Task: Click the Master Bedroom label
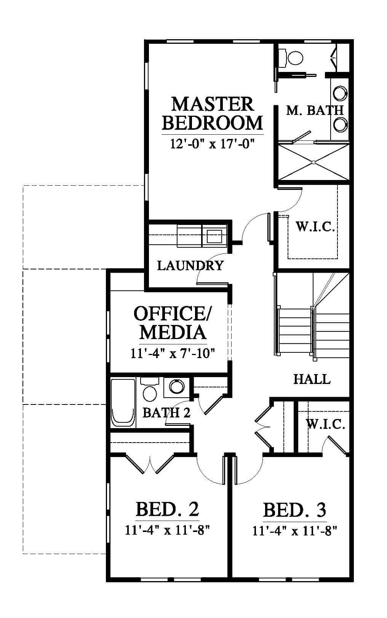point(212,113)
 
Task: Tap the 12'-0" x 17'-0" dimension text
point(212,144)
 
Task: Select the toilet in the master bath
point(291,57)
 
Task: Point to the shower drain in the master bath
point(314,162)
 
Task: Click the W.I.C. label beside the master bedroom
point(315,226)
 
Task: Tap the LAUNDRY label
point(190,265)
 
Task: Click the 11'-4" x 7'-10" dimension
point(173,353)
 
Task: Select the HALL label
point(312,379)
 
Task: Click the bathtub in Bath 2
point(123,403)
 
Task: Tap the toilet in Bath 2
point(150,389)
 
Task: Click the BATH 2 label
point(166,413)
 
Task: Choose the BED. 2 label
point(167,509)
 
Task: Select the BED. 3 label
point(294,510)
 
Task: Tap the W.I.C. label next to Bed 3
point(325,424)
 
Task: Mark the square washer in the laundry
point(214,235)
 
